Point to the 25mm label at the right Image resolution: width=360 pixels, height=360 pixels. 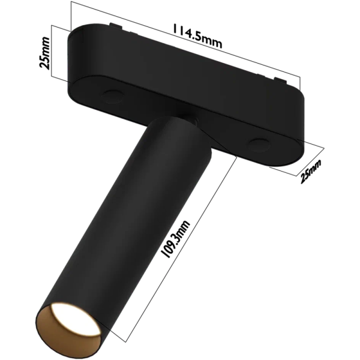point(311,171)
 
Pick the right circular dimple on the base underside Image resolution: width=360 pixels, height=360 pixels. point(259,143)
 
